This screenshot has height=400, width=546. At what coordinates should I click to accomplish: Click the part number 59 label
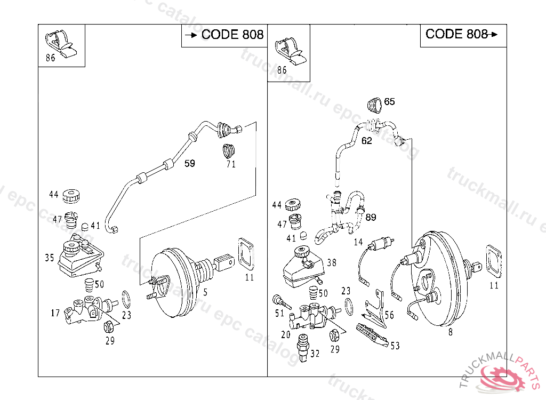189,163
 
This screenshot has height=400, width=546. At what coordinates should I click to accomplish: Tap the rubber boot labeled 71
229,150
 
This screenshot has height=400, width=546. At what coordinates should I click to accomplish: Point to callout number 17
55,313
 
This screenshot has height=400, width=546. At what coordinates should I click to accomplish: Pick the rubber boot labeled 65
375,105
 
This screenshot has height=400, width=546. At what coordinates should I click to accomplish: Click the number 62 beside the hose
366,141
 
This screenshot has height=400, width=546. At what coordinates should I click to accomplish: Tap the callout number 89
371,218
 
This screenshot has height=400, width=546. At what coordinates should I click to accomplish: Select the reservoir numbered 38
303,267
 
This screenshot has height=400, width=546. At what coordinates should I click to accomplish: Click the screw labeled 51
281,302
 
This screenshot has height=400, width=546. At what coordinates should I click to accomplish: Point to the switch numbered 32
303,347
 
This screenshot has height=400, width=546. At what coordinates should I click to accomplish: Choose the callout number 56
389,315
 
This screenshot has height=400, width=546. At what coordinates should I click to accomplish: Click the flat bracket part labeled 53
372,335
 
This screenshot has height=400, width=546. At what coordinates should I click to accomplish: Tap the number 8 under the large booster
450,332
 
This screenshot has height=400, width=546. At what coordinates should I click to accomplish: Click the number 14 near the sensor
358,242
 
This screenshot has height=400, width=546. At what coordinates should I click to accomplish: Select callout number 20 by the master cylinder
286,334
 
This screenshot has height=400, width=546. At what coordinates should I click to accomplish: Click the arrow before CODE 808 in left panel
191,35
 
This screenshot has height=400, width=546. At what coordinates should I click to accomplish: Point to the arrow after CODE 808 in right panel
493,34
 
